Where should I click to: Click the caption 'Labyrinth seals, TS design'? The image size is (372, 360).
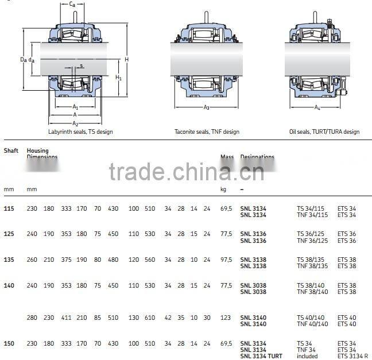coord(81,131)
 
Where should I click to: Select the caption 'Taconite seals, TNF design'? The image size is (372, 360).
coord(207,131)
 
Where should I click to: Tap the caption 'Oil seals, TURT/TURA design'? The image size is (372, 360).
coord(324,131)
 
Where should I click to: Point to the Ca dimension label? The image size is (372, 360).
coord(72,5)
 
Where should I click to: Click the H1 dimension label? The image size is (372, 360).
coord(118,77)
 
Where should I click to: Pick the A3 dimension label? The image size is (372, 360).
coord(206,107)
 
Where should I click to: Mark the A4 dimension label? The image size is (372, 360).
coord(317,107)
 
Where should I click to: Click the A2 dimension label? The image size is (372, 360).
coord(75,123)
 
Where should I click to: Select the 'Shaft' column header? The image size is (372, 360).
coord(11,151)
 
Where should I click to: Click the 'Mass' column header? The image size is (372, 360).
coord(227,157)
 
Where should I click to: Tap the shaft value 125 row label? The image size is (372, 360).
coord(9,234)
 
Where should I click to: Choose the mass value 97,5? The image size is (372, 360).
coord(226,260)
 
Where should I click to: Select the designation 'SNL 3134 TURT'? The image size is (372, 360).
coord(261,356)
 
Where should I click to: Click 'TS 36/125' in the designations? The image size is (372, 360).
coord(310,234)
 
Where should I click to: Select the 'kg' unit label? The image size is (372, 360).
coord(224,189)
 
